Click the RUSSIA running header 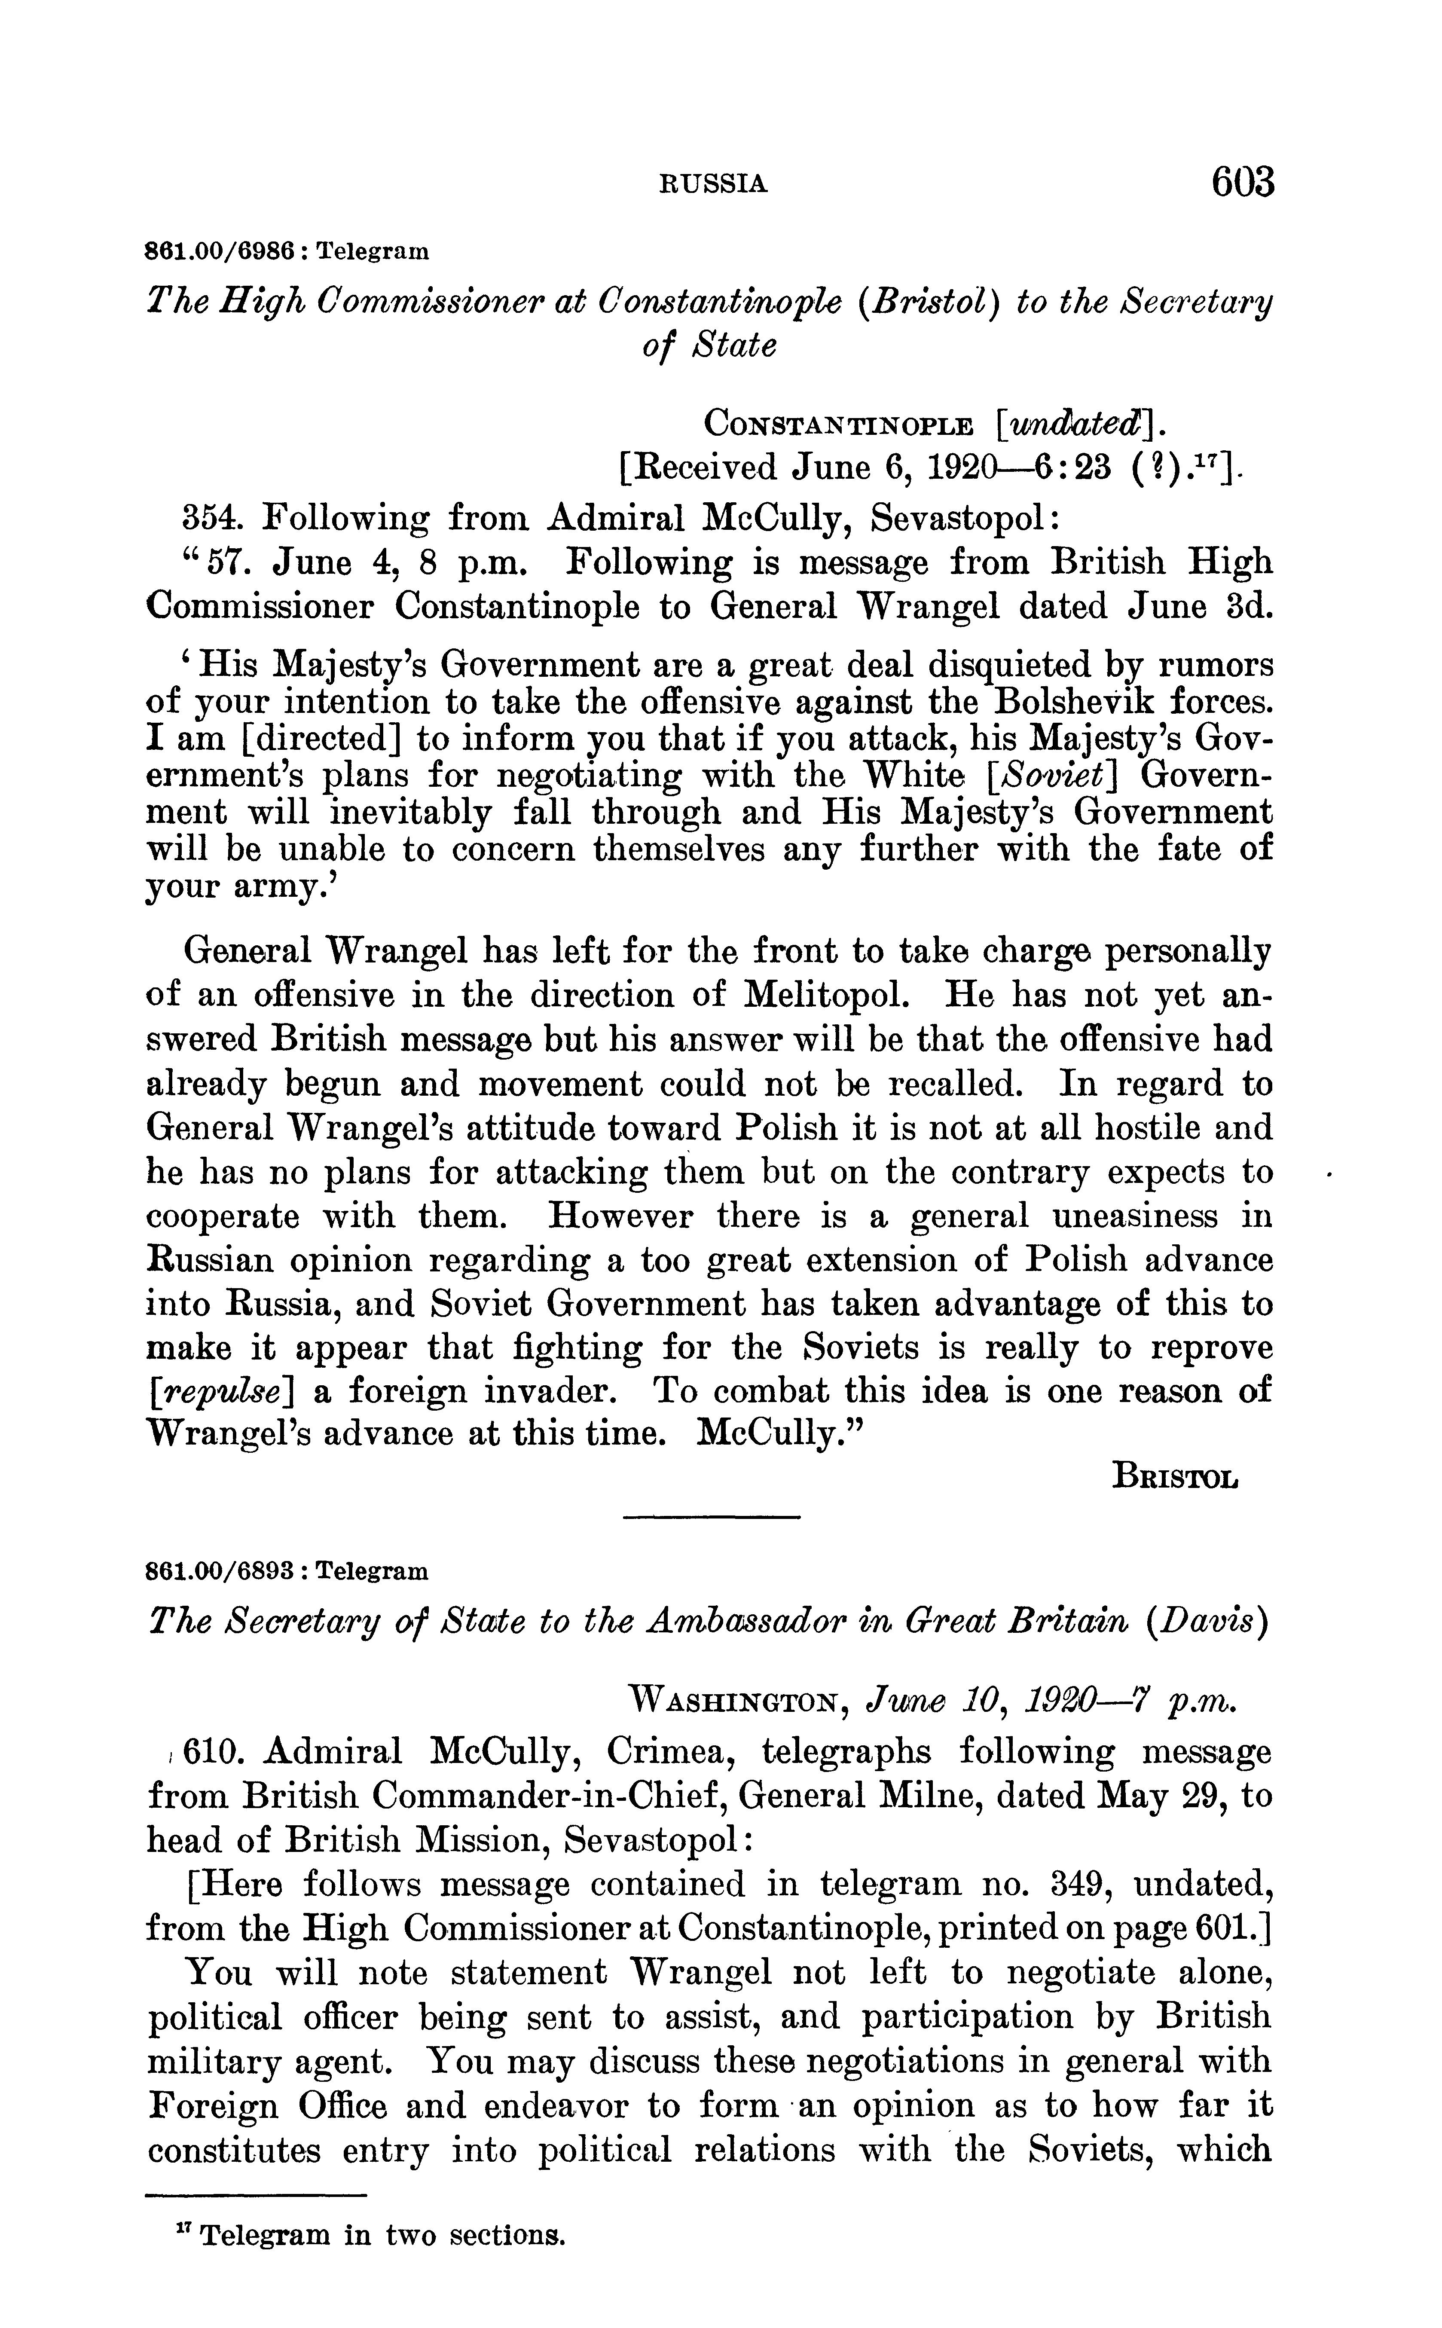tap(713, 184)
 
